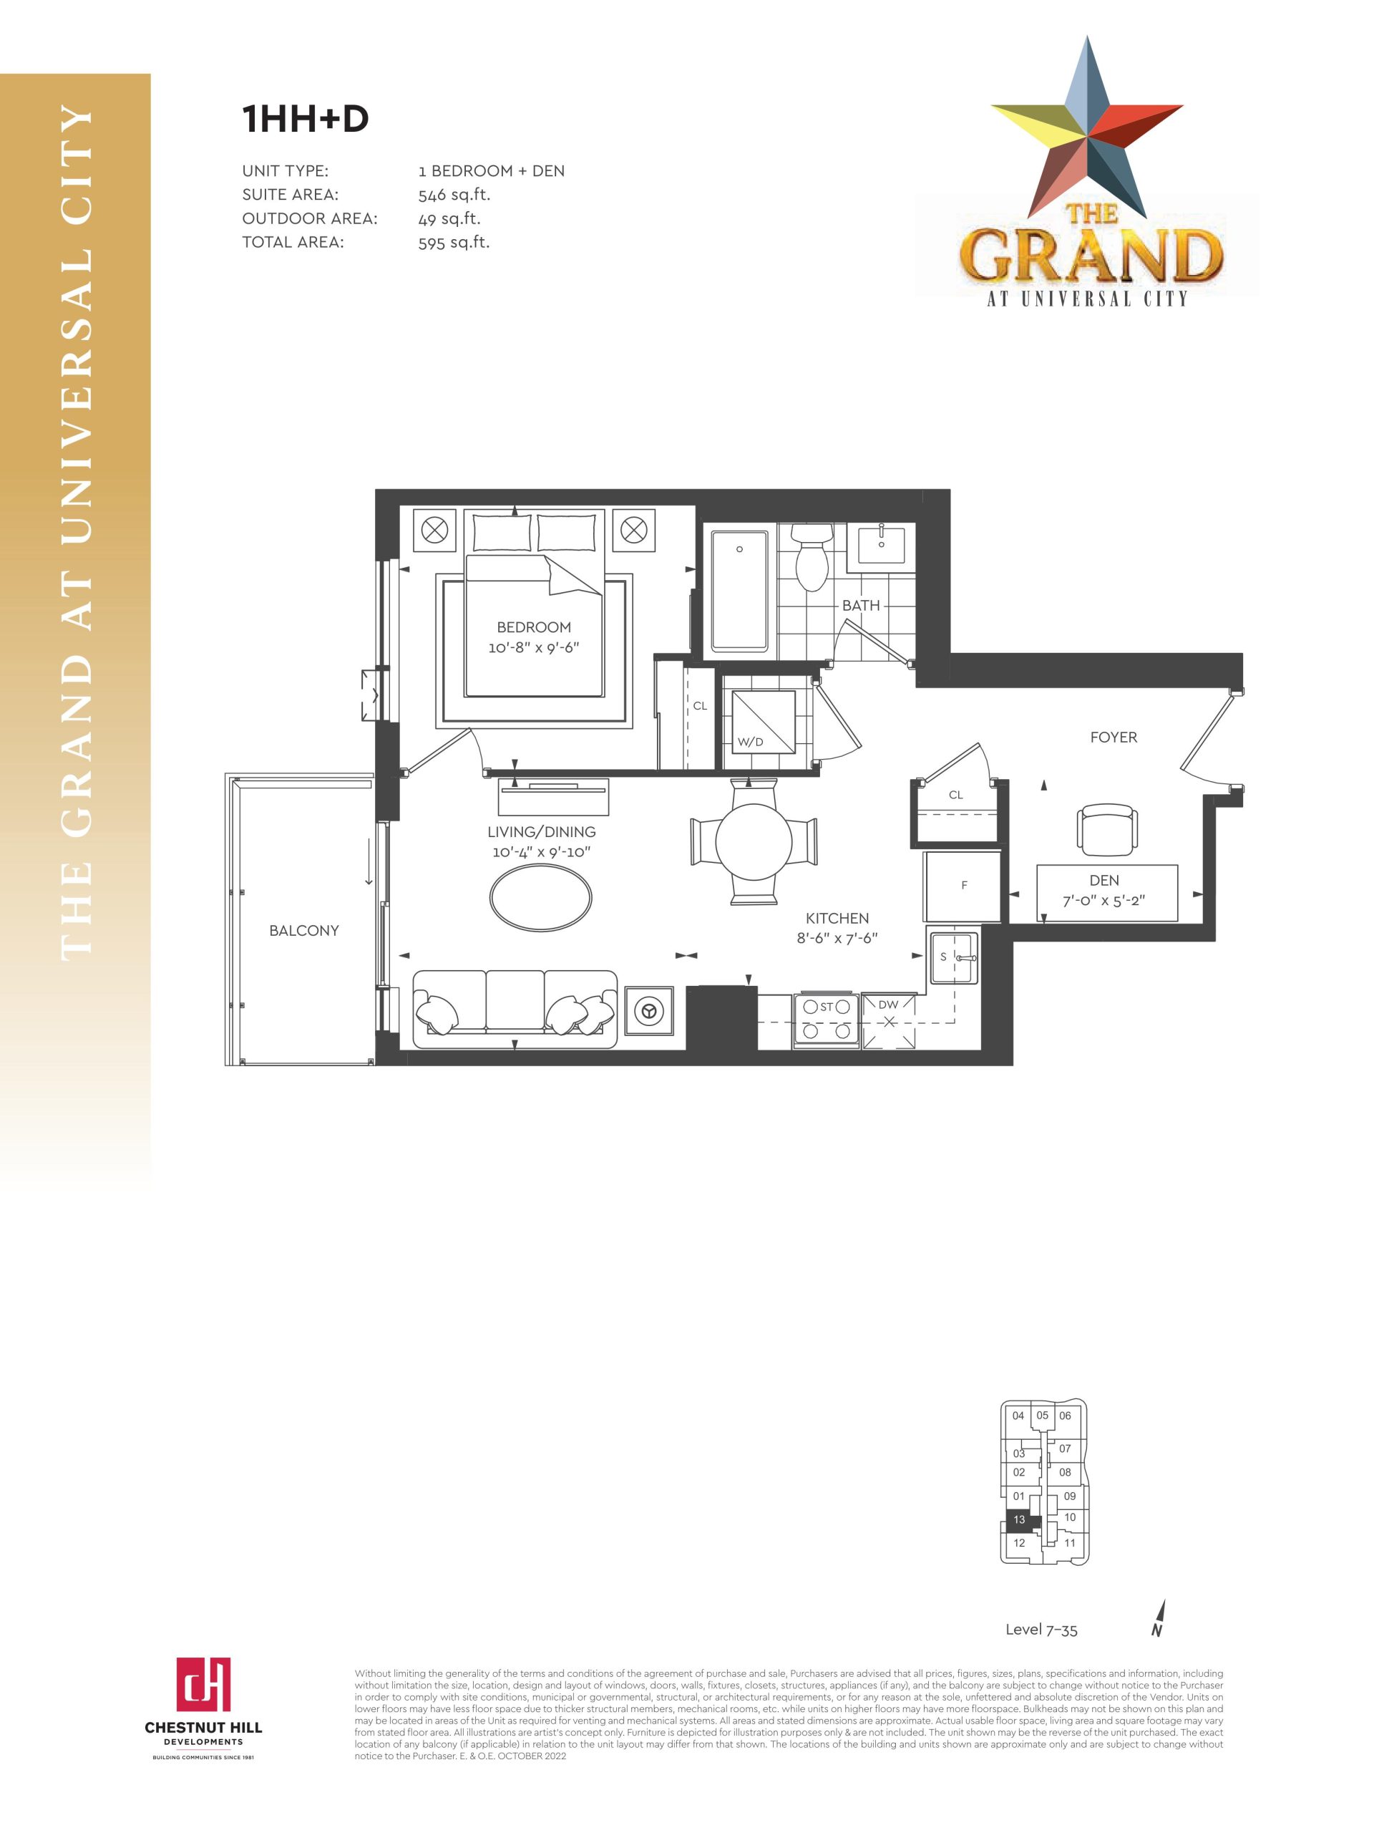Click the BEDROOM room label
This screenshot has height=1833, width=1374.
coord(533,627)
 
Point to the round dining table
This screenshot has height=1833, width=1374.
coord(754,841)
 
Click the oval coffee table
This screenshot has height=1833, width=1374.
coord(541,897)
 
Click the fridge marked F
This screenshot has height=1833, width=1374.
coord(963,886)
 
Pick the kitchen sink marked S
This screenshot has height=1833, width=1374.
coord(953,957)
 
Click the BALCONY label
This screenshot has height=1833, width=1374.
coord(304,931)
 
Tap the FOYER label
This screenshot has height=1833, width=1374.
coord(1113,737)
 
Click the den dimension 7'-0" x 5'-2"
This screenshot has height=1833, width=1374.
coord(1104,901)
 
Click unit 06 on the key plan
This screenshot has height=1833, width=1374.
coord(1065,1416)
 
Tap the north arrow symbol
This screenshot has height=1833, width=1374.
coord(1158,1617)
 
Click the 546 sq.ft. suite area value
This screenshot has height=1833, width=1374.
coord(454,195)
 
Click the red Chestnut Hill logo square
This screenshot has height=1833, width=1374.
coord(203,1684)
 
